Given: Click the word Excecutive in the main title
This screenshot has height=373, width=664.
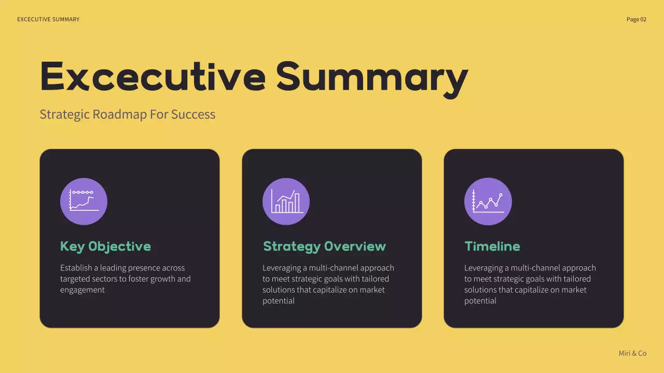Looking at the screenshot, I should click(x=153, y=77).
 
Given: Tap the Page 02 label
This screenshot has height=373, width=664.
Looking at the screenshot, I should click(x=637, y=19).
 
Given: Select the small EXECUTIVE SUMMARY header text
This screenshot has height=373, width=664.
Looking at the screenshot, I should click(x=48, y=19).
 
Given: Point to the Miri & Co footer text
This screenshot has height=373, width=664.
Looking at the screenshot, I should click(x=632, y=353).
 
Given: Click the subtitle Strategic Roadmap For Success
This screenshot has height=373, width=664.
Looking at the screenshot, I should click(x=127, y=114).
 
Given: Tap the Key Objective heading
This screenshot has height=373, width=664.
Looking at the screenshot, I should click(x=105, y=246).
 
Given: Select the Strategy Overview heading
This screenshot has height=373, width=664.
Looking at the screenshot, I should click(x=324, y=246).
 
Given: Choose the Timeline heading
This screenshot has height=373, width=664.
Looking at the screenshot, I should click(x=492, y=246).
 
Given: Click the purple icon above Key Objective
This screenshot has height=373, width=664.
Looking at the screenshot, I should click(x=84, y=201).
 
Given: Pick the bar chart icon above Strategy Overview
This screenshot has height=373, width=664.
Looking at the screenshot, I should click(x=286, y=201).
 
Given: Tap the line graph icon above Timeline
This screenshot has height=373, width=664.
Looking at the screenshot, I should click(x=488, y=201).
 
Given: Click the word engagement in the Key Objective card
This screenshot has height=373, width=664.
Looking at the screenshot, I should click(x=82, y=290).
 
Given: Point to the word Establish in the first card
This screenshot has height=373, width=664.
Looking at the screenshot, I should click(x=75, y=268).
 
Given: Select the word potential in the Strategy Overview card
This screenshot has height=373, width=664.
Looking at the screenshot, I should click(x=278, y=300).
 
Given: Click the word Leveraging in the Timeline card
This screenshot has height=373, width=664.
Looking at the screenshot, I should click(x=486, y=268).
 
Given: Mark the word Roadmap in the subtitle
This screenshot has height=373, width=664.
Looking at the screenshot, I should click(x=120, y=114).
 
